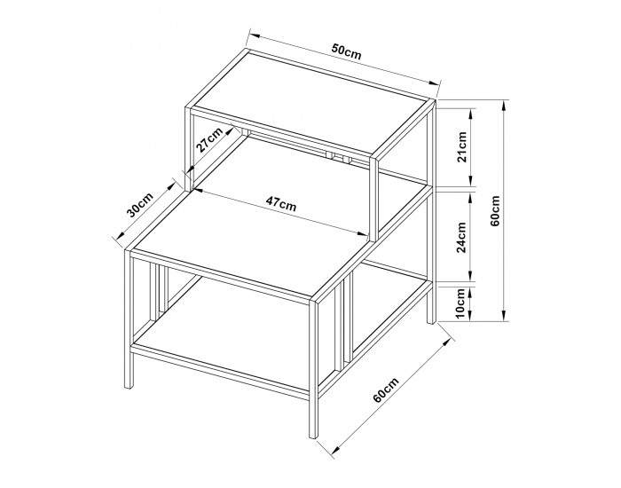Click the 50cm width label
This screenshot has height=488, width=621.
pos(347,51)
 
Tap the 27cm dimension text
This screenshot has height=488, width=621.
pos(210,141)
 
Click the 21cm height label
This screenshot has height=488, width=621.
pos(462,146)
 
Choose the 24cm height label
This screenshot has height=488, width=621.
pos(461,237)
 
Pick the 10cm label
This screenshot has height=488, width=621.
pos(460,303)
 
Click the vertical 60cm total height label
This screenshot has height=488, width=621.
pos(495,211)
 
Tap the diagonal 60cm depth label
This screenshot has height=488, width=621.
pos(385,390)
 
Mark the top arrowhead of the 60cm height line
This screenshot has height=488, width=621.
pos(504,104)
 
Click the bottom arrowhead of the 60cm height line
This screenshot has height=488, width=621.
pos(504,317)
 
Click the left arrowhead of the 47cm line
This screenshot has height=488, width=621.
pos(197,190)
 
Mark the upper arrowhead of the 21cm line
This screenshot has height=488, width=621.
pos(470,112)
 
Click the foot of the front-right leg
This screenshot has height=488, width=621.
pos(313,437)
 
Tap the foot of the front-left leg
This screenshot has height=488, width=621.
pos(130,386)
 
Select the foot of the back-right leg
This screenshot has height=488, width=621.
pos(431,321)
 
